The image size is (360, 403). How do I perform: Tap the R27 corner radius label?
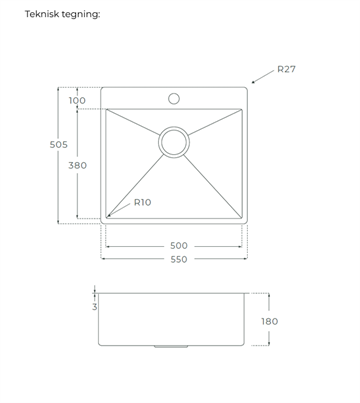pos(286,69)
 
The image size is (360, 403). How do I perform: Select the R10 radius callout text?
pos(142,202)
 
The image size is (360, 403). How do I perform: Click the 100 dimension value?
pos(77,100)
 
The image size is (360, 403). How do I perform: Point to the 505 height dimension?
pos(59,145)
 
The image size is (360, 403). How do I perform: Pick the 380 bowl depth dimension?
pos(77,165)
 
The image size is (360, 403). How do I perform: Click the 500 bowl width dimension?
pos(179,246)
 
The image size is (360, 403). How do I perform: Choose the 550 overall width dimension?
pos(179,259)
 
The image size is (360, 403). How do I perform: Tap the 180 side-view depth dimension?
pos(269,321)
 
